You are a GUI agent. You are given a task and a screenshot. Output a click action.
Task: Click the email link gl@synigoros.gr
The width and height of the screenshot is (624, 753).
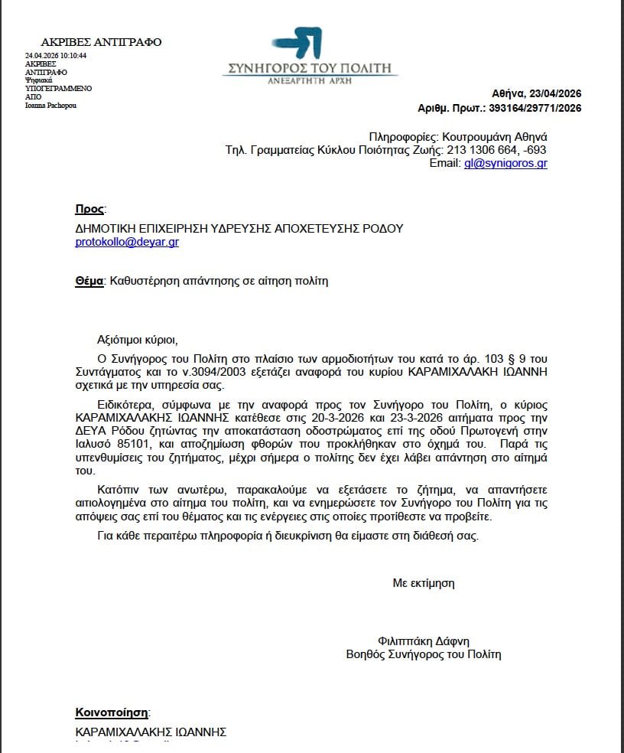click(505, 163)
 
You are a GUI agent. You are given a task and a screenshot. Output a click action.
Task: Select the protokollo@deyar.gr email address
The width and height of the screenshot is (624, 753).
click(127, 242)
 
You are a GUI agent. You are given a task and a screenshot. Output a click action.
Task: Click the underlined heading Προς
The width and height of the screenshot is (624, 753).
click(89, 209)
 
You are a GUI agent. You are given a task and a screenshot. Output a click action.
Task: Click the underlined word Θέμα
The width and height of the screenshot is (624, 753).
click(89, 281)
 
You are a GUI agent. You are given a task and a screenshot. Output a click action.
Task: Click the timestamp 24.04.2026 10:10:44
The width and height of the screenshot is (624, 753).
click(56, 56)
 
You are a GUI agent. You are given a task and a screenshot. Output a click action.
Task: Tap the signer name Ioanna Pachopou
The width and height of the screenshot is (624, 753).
click(51, 106)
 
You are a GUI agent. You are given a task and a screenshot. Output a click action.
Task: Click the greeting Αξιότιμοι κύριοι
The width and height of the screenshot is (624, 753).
click(142, 339)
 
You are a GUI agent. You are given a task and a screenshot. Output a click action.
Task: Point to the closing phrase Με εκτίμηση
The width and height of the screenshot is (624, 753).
click(424, 583)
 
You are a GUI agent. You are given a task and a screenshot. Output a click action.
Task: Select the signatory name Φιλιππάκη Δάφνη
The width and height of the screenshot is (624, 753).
click(424, 641)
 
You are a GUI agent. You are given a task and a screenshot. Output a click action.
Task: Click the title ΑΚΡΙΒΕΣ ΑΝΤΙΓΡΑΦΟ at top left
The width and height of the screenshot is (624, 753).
click(101, 42)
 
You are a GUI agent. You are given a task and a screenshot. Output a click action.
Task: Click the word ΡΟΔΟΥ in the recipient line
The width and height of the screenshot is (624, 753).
click(383, 228)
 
